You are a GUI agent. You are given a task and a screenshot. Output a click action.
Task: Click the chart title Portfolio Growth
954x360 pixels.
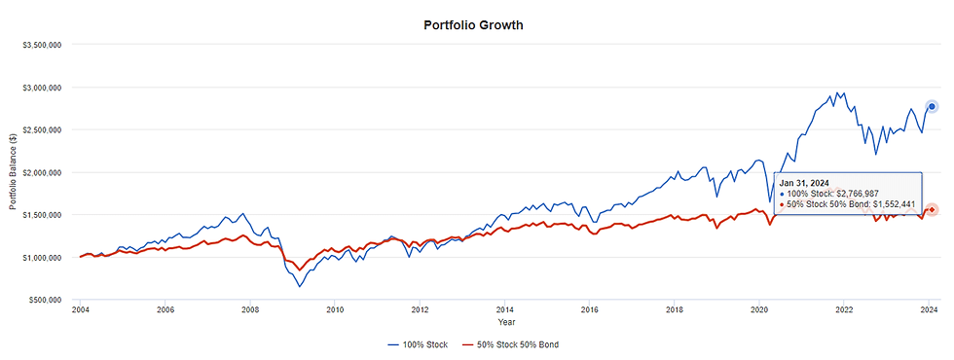[473, 25]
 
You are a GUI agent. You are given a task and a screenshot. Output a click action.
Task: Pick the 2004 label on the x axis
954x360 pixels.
[81, 311]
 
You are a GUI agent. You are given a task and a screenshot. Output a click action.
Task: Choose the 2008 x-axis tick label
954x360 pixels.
[250, 311]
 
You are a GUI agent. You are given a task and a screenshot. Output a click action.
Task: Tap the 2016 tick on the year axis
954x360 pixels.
[590, 311]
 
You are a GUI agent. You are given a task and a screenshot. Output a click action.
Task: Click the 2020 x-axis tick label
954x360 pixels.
[759, 311]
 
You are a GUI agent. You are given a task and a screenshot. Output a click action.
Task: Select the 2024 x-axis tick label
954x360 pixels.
[930, 311]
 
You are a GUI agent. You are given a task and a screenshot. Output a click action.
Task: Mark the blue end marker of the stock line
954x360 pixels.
[931, 106]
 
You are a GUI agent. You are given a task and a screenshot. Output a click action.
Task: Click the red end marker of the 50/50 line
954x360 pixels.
[931, 209]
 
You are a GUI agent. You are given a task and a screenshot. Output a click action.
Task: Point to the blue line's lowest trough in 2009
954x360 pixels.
[300, 287]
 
